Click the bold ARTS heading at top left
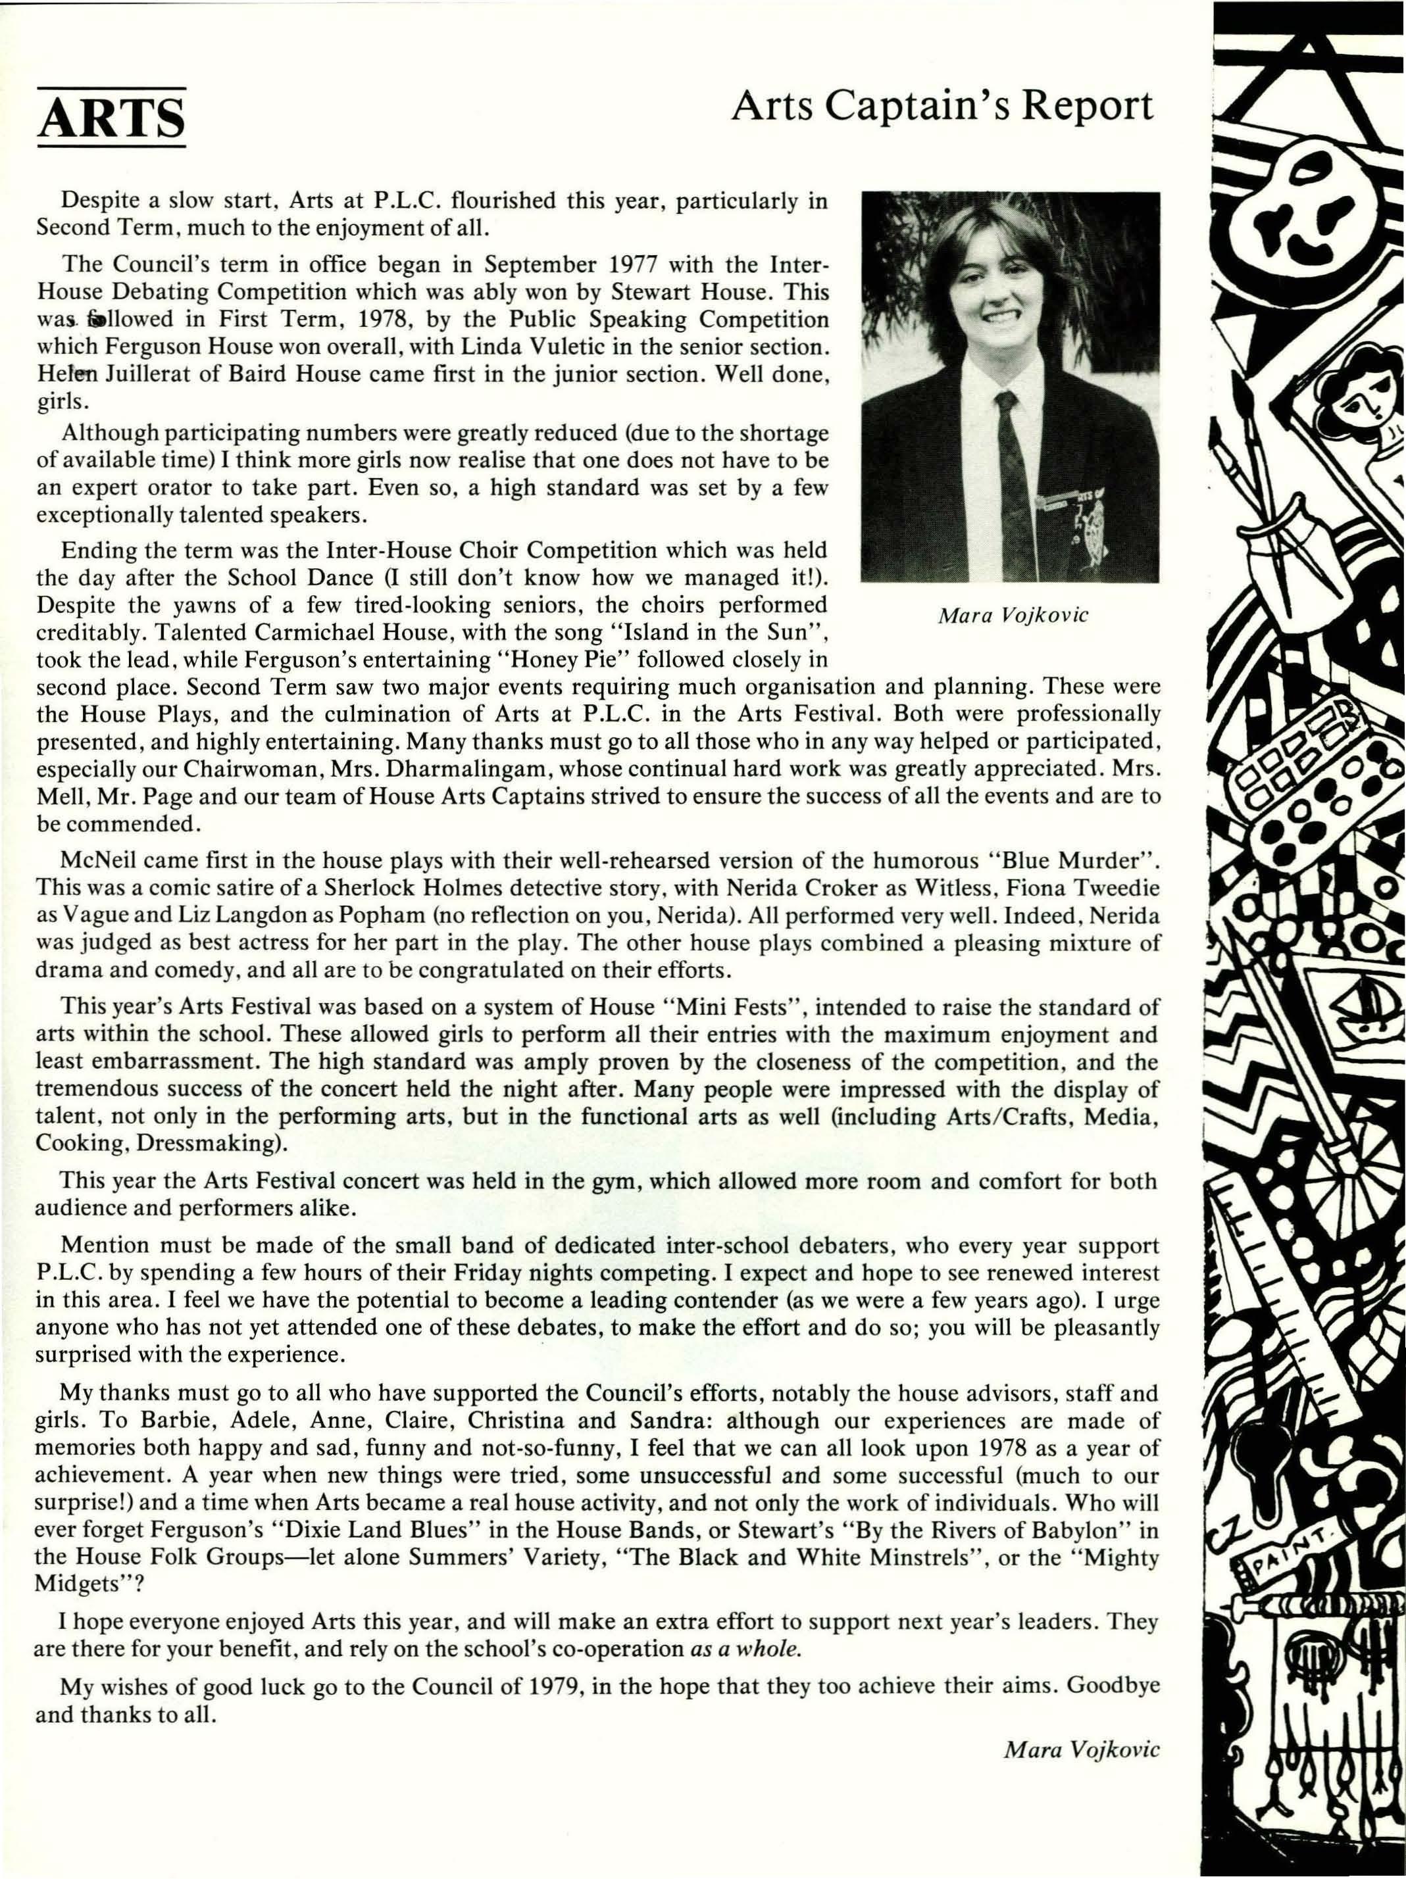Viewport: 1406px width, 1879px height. pos(111,118)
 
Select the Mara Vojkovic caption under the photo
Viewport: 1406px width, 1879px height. pos(1012,615)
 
